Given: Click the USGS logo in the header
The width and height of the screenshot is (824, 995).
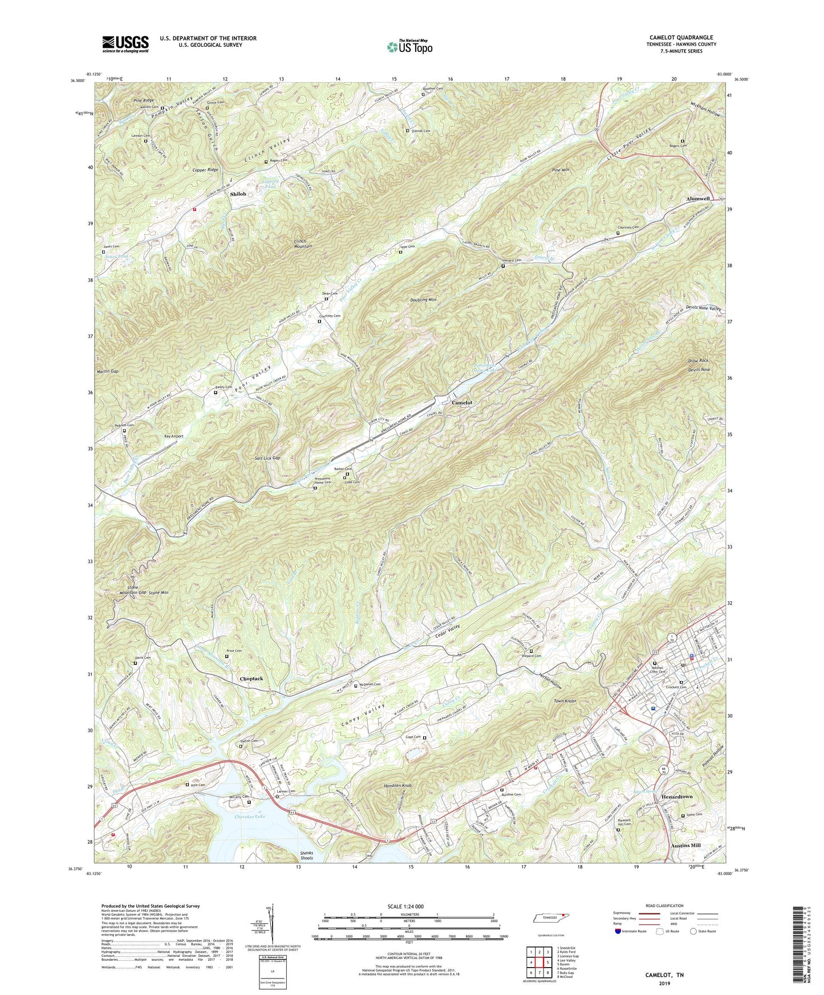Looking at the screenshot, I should [x=125, y=44].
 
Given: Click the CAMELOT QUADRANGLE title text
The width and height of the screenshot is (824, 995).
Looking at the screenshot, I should [x=681, y=38].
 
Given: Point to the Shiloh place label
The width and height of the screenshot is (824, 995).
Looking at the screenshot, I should [x=238, y=194].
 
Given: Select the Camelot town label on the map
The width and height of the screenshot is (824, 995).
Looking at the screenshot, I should [x=462, y=402].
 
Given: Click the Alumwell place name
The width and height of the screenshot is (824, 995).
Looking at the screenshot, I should [x=697, y=198].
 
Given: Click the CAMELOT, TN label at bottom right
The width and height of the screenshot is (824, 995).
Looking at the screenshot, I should [x=664, y=975].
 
